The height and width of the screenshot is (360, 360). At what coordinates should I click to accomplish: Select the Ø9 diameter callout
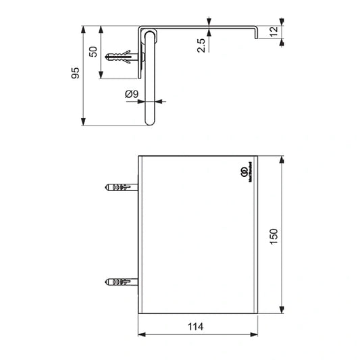coord(132,95)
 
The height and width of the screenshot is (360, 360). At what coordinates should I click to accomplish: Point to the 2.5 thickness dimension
coord(201,46)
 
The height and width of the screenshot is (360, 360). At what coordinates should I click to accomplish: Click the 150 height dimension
coord(274,236)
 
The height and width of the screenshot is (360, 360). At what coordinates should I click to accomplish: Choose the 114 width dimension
coord(197,326)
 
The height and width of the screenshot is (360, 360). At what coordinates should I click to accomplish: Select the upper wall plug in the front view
coord(119,186)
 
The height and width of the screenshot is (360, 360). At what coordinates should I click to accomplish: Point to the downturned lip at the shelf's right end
coord(258,32)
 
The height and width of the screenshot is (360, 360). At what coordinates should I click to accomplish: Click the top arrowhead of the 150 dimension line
coord(281,159)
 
